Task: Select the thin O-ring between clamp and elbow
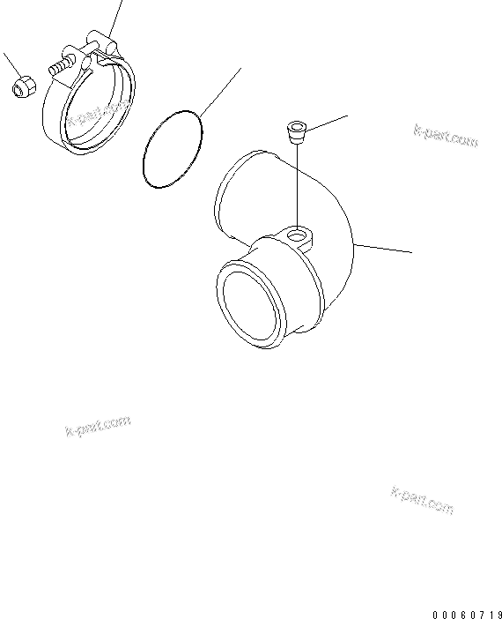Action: point(172,147)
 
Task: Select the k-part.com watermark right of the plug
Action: point(446,135)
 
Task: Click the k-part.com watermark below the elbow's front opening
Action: point(99,427)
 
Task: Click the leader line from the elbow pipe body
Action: point(383,247)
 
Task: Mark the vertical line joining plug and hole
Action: point(299,185)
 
